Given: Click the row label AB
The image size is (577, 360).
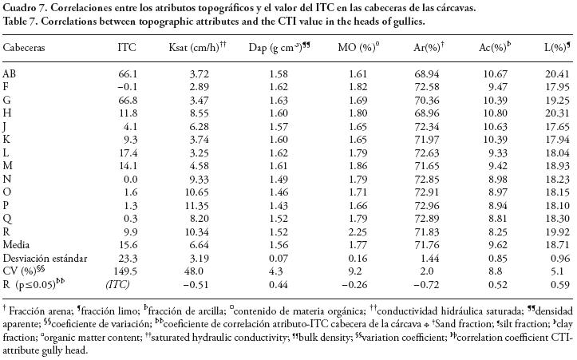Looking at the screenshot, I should pos(10,73).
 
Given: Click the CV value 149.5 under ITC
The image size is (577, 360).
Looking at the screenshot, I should pos(127,271).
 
